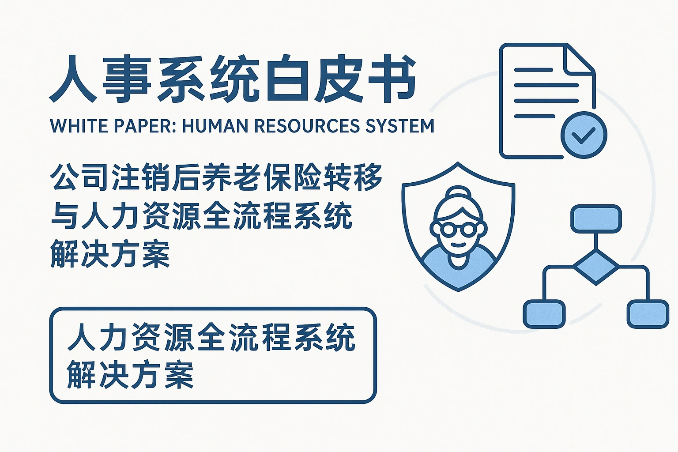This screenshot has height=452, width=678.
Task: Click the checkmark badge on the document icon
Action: (583, 135)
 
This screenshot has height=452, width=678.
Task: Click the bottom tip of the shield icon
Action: (459, 289)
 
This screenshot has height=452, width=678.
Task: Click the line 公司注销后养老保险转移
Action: (216, 177)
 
